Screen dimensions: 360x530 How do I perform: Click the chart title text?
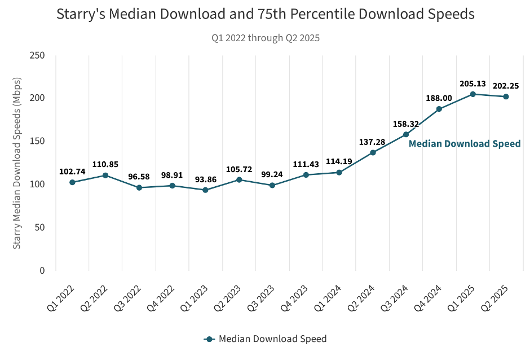click(x=265, y=15)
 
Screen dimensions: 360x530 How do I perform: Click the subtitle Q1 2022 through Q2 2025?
click(x=266, y=38)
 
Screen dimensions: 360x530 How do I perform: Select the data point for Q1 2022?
click(x=72, y=182)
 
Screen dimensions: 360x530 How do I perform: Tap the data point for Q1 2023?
click(x=205, y=190)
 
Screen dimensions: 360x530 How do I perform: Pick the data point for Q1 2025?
click(x=472, y=94)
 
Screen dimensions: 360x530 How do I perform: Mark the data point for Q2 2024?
click(x=373, y=152)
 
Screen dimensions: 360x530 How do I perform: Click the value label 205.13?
click(x=472, y=84)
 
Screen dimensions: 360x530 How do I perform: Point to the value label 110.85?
click(x=105, y=164)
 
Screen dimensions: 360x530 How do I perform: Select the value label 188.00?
click(x=439, y=98)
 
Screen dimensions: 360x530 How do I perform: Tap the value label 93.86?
click(x=205, y=179)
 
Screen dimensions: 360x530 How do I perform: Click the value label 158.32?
click(x=405, y=124)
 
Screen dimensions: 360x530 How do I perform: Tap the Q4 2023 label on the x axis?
click(x=293, y=298)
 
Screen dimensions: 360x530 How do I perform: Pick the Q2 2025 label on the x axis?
click(x=493, y=298)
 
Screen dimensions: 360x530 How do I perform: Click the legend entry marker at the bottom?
click(x=209, y=339)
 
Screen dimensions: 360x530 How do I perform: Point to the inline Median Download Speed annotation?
click(x=465, y=144)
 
